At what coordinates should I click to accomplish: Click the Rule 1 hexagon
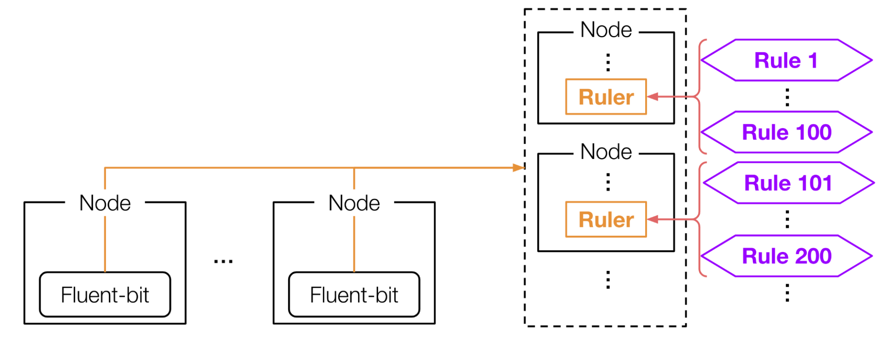786,60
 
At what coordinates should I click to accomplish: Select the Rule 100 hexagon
786,132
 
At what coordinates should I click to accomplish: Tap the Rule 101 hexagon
788,183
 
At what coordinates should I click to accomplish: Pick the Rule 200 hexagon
786,256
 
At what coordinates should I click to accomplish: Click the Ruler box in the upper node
606,97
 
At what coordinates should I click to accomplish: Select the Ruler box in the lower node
606,220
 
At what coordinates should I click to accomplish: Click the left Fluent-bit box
105,295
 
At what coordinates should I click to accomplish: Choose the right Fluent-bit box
354,295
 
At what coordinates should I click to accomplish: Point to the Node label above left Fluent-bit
105,203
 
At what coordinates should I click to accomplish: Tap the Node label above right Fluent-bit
354,203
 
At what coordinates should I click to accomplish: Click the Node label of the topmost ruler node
606,30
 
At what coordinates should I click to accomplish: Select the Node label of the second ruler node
606,152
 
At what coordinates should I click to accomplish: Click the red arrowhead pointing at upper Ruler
653,97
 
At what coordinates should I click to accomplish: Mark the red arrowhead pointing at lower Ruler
653,219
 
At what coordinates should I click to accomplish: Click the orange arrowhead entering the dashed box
519,167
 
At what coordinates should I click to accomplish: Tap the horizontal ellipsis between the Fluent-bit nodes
223,262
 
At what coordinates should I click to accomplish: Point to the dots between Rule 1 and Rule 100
787,97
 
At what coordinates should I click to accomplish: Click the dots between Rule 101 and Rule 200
787,220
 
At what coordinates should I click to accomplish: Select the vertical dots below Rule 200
787,293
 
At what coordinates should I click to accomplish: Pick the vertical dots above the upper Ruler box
608,62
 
